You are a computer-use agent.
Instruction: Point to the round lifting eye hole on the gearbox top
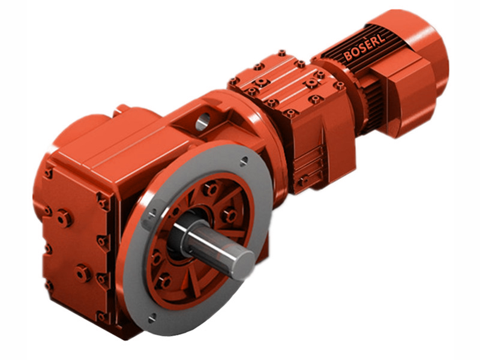pos(202,121)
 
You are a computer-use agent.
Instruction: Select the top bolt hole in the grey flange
pos(243,161)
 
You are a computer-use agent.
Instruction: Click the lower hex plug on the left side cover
pos(82,274)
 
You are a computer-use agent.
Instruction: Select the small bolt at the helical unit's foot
pos(305,179)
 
